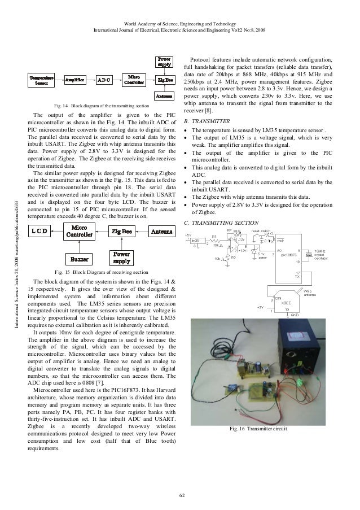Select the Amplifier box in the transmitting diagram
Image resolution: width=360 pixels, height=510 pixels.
click(x=74, y=80)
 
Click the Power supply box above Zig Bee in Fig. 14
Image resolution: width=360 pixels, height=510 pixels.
click(x=164, y=62)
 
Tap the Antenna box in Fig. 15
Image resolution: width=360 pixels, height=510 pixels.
click(x=162, y=231)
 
